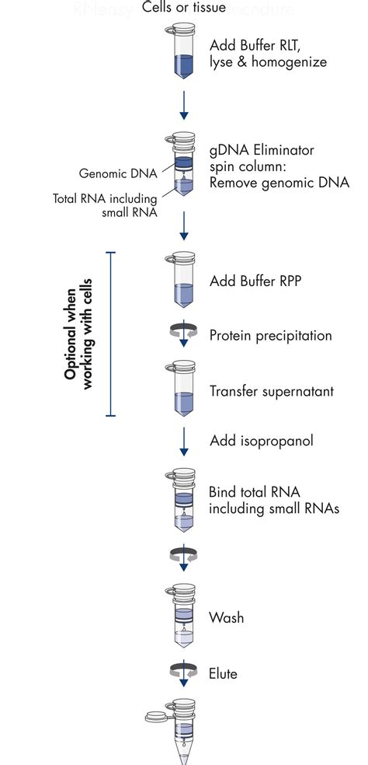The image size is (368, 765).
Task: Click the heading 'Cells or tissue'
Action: (184, 9)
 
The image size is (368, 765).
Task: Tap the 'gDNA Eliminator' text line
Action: (262, 150)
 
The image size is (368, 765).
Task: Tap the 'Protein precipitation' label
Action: (270, 336)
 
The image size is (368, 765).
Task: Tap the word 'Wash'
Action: (226, 618)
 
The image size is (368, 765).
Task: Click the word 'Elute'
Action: (224, 674)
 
